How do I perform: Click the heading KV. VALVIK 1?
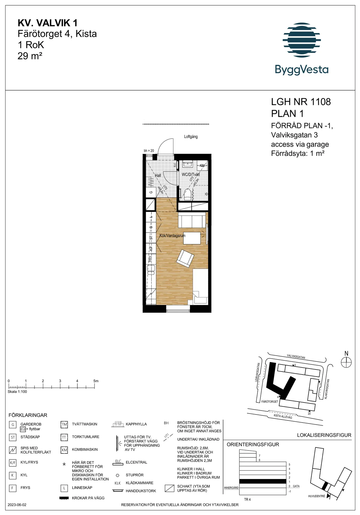tap(47, 23)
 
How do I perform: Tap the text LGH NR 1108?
tap(301, 102)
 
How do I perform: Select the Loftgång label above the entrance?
tap(191, 137)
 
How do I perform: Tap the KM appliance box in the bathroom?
tap(202, 166)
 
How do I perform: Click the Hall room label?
tap(158, 175)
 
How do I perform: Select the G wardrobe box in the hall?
tap(151, 192)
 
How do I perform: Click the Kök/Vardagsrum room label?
tap(172, 236)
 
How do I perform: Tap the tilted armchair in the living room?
tap(185, 258)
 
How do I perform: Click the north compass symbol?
tap(346, 362)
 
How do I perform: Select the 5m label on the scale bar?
tap(96, 381)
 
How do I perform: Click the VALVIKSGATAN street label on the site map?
tap(296, 357)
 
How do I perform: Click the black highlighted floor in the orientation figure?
tap(262, 482)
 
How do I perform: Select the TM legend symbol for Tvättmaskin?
tap(64, 424)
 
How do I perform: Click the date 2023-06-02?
tap(17, 505)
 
